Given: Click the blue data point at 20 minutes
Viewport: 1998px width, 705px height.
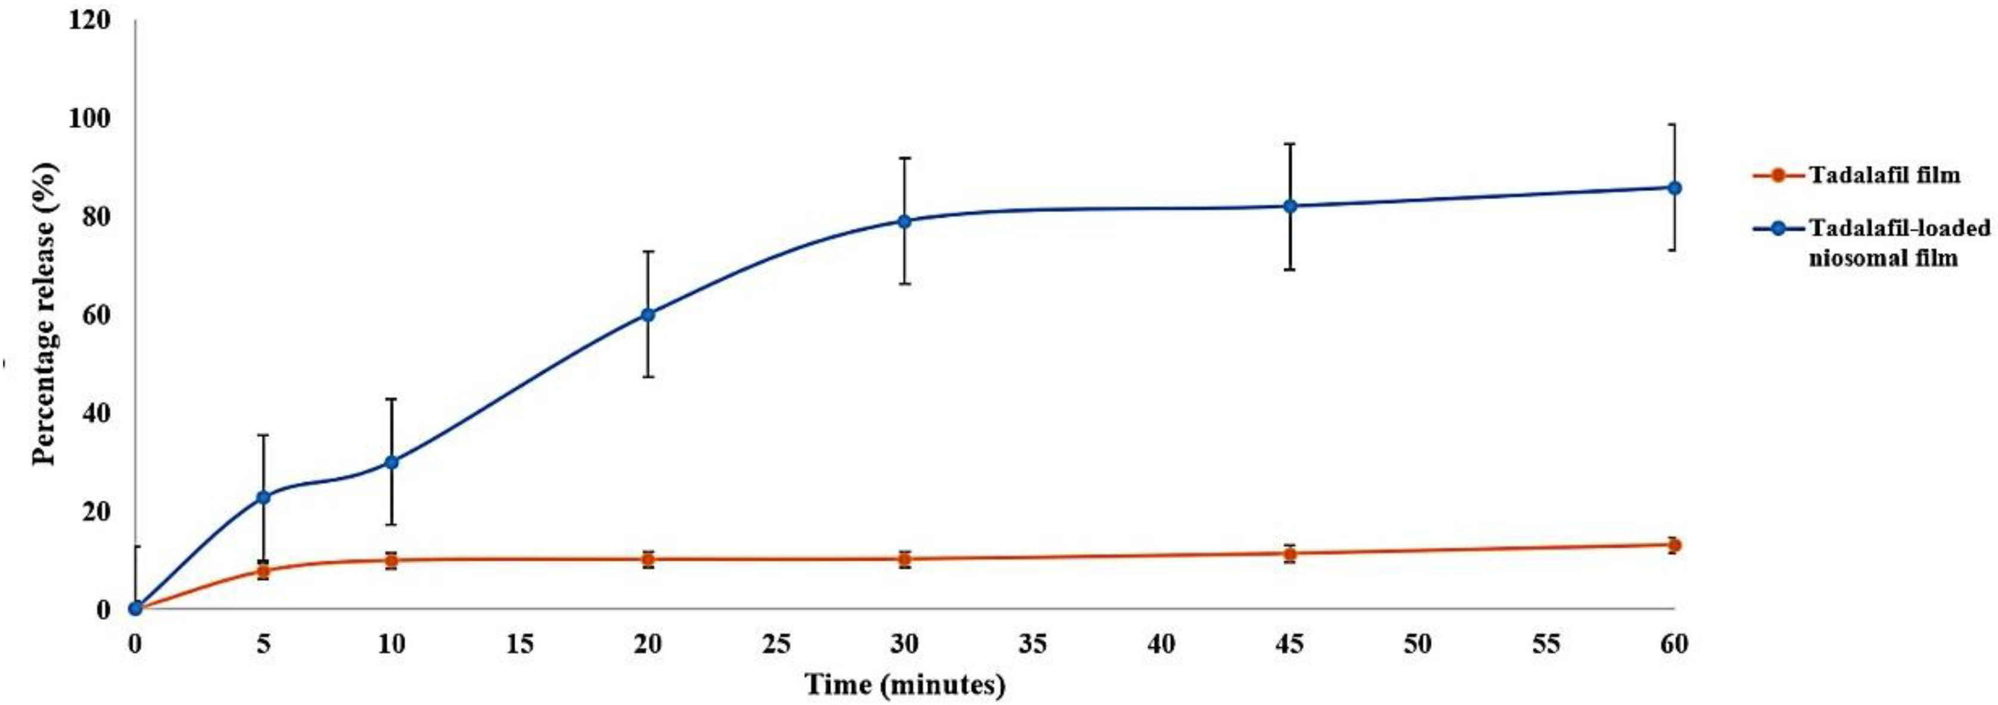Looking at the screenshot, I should [x=648, y=314].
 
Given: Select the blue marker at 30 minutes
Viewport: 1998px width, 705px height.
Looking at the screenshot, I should [x=903, y=221].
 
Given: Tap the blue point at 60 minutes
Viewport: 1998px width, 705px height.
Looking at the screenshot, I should [x=1674, y=188].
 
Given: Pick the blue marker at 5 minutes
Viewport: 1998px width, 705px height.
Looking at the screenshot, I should [x=264, y=496].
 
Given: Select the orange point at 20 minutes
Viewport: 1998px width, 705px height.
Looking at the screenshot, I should [x=648, y=558].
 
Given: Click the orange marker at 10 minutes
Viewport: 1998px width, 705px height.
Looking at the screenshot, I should [x=391, y=560].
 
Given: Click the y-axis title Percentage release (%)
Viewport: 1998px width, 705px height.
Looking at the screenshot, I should [x=44, y=314].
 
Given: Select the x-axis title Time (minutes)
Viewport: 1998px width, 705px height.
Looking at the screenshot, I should [x=905, y=685].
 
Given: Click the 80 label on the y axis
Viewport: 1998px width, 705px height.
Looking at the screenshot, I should [x=96, y=216].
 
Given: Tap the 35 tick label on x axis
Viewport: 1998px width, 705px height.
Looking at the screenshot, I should [x=1032, y=644].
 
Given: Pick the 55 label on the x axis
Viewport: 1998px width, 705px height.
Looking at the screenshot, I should [x=1546, y=644].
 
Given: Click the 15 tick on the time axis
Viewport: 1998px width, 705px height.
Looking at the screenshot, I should [x=520, y=644].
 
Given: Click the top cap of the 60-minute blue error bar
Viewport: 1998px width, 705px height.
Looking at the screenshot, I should [x=1674, y=124].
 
